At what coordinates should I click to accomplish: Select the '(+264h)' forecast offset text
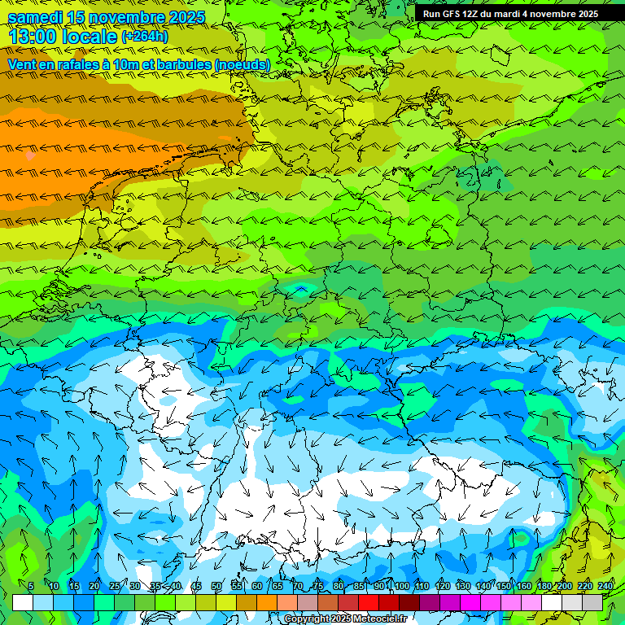(x=145, y=37)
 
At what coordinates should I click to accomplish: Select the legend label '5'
(x=31, y=587)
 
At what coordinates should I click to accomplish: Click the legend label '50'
(x=216, y=587)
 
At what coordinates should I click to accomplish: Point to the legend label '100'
(x=401, y=587)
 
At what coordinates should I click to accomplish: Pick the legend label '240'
(x=605, y=587)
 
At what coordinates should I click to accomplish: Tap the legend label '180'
(x=544, y=587)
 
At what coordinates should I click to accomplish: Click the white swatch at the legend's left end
(x=23, y=603)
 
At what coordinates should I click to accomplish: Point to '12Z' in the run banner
(x=478, y=14)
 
